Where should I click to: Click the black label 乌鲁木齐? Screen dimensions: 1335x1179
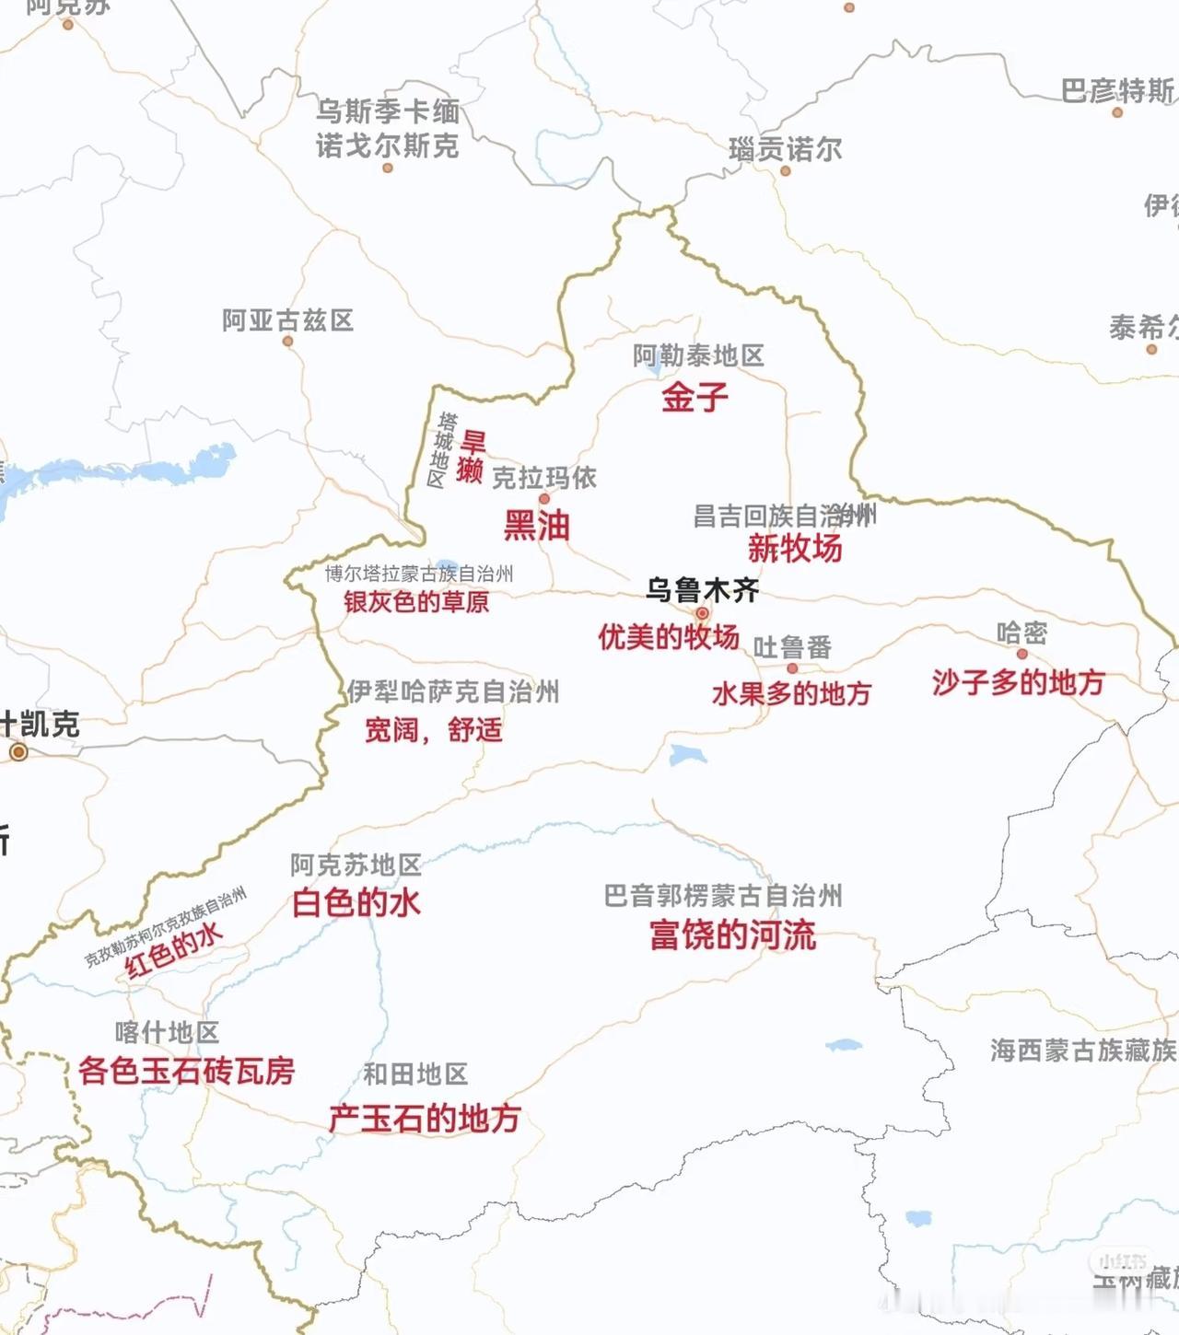[702, 589]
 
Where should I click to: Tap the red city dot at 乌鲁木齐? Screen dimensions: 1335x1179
[702, 613]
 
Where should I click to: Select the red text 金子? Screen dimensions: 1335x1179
[695, 398]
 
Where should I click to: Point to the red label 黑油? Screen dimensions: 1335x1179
[536, 526]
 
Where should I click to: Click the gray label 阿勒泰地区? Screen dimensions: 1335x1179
[698, 355]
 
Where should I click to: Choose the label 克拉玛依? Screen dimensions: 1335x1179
[544, 478]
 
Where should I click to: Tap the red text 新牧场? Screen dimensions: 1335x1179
[795, 549]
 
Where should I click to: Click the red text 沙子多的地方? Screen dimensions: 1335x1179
[1018, 682]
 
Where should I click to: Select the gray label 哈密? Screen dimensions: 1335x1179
[1021, 633]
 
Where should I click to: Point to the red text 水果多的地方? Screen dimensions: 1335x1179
[791, 693]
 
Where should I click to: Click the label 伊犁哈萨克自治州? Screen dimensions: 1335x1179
[453, 691]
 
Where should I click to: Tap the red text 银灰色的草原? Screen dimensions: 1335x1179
[416, 602]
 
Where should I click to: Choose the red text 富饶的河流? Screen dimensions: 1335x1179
[732, 935]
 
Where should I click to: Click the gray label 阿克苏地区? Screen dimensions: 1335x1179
[356, 865]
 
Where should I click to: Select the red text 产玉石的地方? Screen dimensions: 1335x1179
[425, 1119]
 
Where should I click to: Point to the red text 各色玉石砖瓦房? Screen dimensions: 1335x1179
[186, 1071]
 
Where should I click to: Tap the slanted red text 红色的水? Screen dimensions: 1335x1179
[175, 949]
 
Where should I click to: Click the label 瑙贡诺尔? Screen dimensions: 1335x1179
[785, 148]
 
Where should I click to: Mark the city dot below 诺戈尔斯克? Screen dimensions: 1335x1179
[388, 168]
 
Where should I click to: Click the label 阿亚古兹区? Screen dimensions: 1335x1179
[287, 320]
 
